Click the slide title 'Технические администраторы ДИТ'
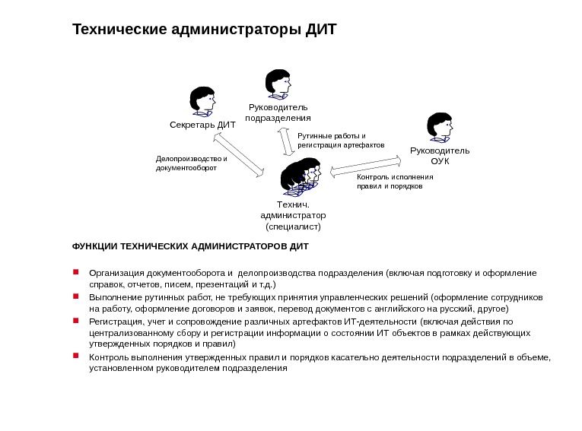(x=204, y=30)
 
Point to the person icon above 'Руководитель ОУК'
(x=440, y=126)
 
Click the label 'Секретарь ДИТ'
(x=202, y=124)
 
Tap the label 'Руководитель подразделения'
(x=278, y=113)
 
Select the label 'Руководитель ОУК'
(x=440, y=155)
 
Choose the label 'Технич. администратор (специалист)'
(x=293, y=215)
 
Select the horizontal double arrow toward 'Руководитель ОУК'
(x=366, y=166)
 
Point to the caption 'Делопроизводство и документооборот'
(x=191, y=163)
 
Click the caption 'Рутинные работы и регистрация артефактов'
(x=340, y=140)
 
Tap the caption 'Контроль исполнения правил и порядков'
(x=394, y=181)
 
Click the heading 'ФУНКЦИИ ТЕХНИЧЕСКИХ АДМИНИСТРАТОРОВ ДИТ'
(x=190, y=247)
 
